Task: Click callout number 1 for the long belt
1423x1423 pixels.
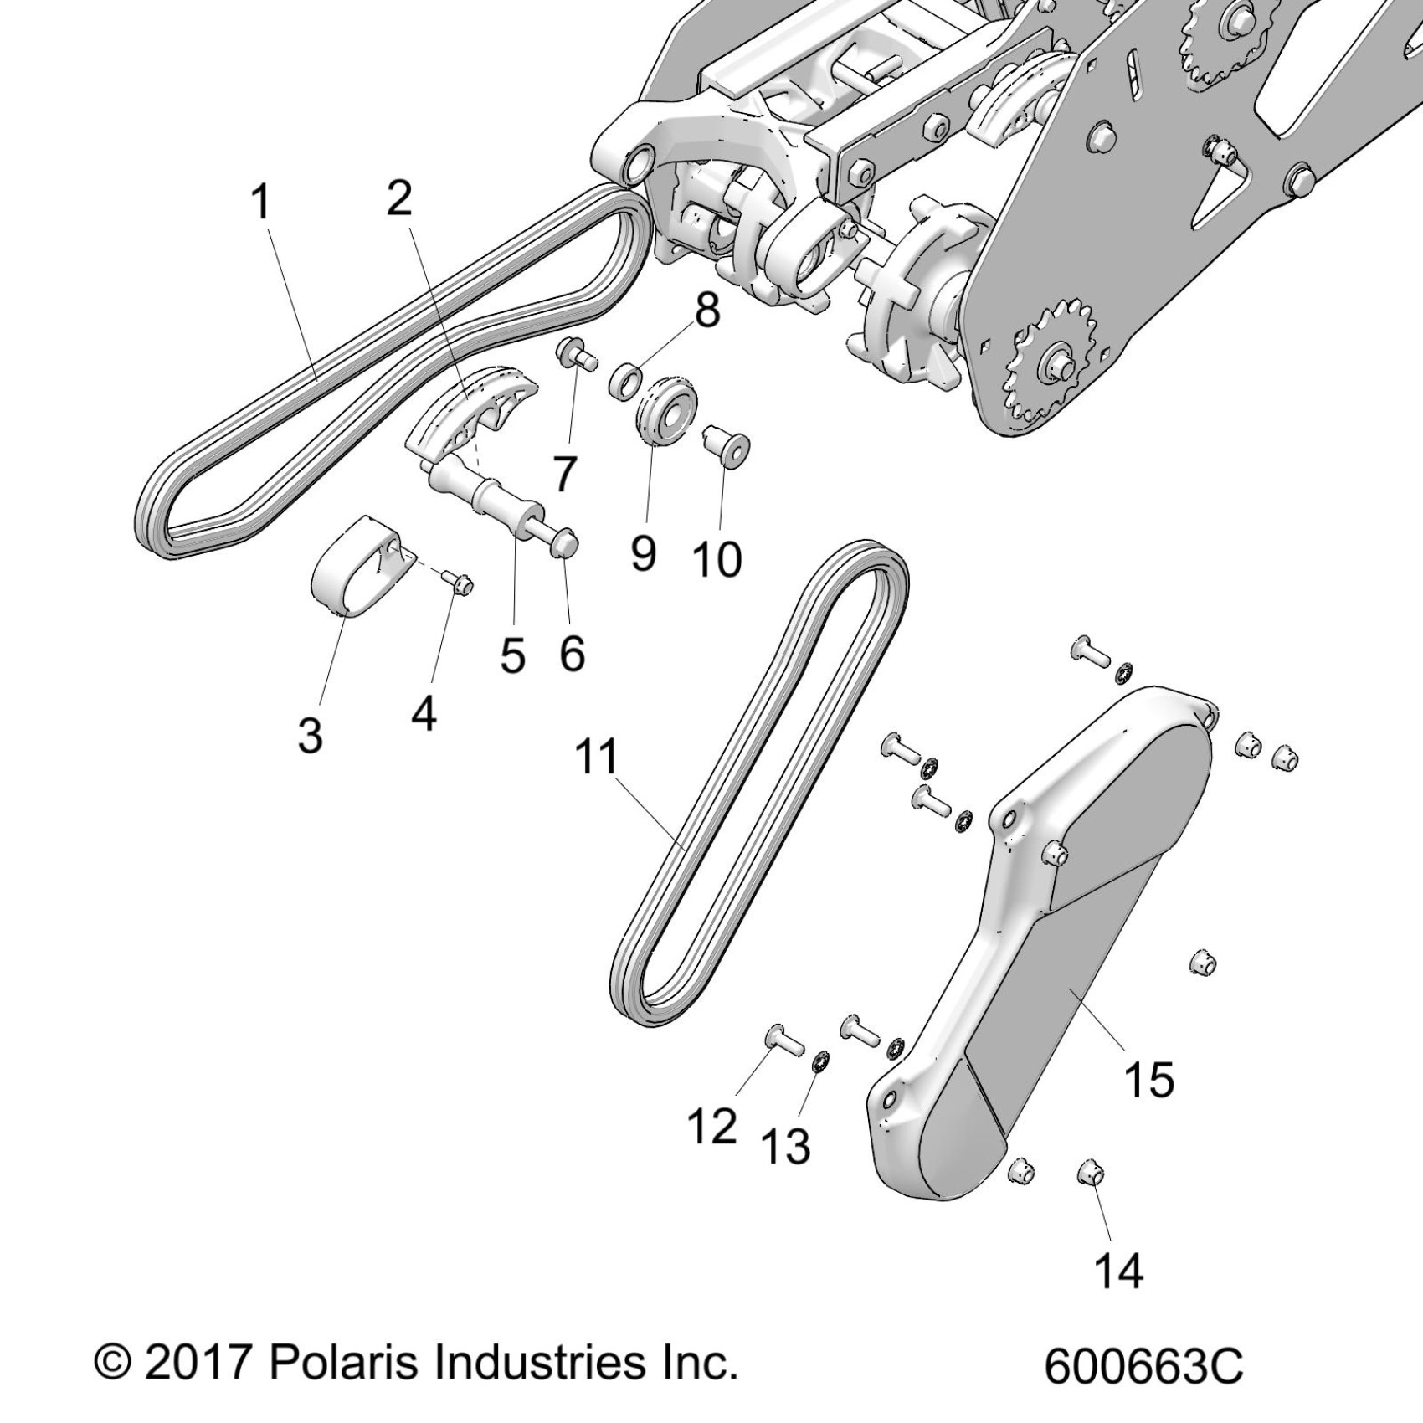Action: coord(262,203)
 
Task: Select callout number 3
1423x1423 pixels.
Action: coord(310,736)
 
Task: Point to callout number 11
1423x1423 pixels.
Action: coord(596,757)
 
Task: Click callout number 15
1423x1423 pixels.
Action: coord(1148,1079)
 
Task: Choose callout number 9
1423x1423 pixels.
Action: coord(643,552)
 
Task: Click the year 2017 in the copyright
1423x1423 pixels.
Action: coord(198,1363)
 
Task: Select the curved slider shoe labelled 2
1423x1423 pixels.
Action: coord(473,410)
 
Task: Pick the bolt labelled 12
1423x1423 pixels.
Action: coord(784,1041)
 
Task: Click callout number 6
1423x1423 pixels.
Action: coord(572,654)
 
